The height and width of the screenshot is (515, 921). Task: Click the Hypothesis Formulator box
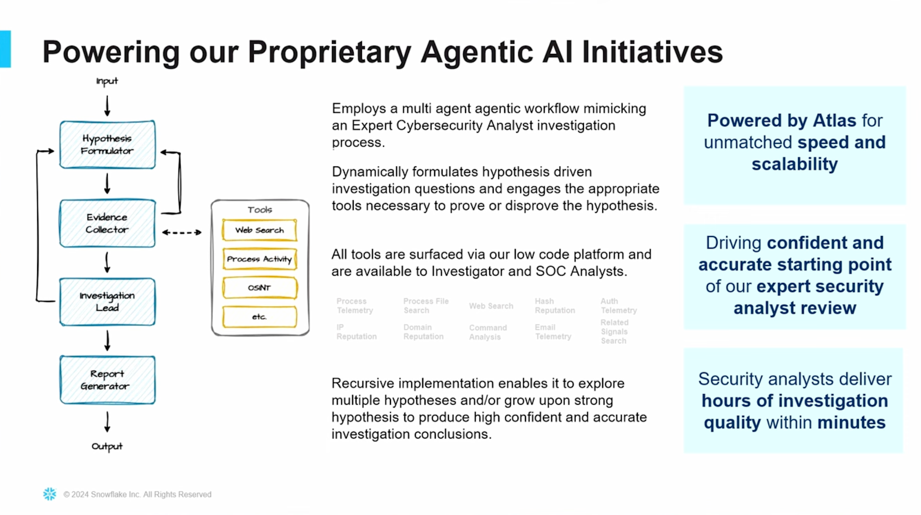click(107, 145)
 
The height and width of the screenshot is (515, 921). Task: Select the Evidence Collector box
click(107, 223)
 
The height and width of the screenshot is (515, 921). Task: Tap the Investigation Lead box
click(107, 302)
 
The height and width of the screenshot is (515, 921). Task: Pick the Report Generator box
click(107, 380)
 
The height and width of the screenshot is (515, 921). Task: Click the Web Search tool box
click(259, 230)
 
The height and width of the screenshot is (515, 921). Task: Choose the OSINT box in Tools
click(259, 288)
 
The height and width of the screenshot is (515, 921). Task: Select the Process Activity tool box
click(259, 259)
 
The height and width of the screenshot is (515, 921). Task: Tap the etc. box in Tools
click(259, 317)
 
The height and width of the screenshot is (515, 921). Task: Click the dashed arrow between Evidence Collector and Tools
click(182, 232)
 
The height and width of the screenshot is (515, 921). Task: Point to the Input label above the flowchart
click(107, 81)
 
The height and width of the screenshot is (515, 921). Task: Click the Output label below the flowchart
click(107, 446)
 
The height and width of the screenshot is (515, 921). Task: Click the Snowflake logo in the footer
click(49, 494)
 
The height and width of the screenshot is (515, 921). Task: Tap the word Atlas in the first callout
click(834, 120)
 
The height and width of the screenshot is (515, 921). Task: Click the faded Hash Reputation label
click(554, 306)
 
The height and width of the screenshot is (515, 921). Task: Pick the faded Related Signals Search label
click(614, 331)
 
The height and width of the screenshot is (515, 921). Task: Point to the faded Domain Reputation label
click(423, 332)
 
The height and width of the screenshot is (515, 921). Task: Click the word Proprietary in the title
click(329, 52)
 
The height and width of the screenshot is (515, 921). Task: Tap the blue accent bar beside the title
click(5, 49)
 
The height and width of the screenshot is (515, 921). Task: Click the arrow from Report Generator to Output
click(107, 421)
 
